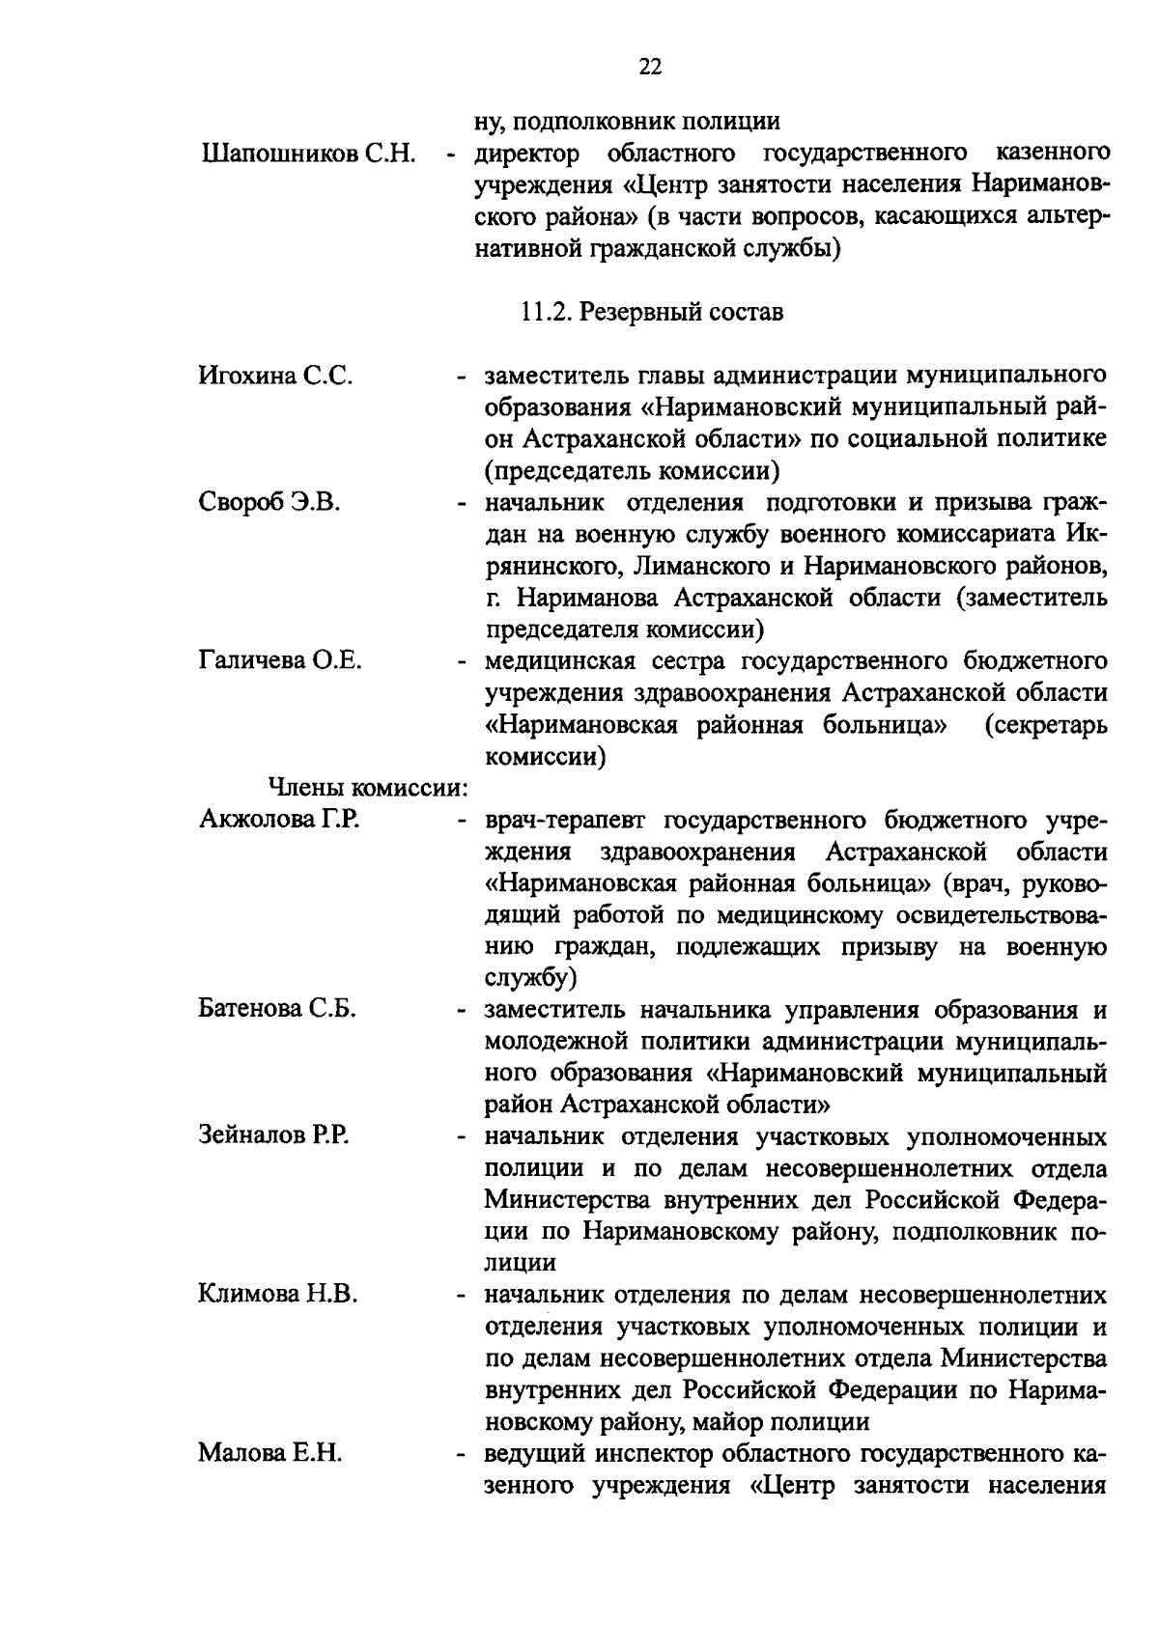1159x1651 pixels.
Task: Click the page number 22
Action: click(649, 66)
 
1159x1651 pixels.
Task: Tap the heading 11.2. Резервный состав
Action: click(651, 313)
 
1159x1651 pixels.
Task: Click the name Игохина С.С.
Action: click(275, 376)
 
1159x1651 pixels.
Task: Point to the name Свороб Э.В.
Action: click(269, 502)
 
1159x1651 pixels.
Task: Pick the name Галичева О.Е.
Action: click(280, 661)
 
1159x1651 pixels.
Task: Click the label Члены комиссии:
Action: click(367, 789)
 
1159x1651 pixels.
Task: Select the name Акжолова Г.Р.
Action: click(279, 820)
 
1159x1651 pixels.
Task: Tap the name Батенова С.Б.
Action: click(277, 1009)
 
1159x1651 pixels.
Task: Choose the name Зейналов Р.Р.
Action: click(273, 1136)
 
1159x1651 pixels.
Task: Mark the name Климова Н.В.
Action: click(278, 1294)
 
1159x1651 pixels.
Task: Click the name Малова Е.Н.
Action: click(269, 1453)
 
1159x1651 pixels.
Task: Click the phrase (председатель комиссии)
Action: click(633, 471)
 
